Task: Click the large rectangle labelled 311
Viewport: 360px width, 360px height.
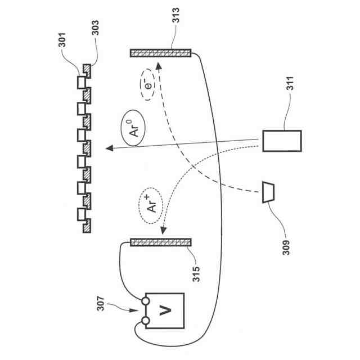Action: click(x=282, y=141)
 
